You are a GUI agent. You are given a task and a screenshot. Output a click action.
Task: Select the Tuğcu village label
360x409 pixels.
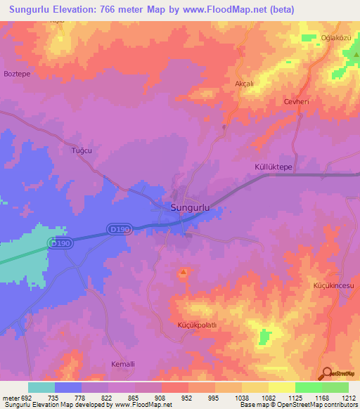click(82, 150)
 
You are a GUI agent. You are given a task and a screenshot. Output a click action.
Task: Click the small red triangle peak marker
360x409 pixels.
click(184, 271)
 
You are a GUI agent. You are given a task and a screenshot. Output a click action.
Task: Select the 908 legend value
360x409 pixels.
click(161, 398)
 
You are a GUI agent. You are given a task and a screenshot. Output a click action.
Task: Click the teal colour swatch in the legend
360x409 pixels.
click(41, 387)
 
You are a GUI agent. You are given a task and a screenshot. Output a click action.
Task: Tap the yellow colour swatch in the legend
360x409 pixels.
click(282, 387)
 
